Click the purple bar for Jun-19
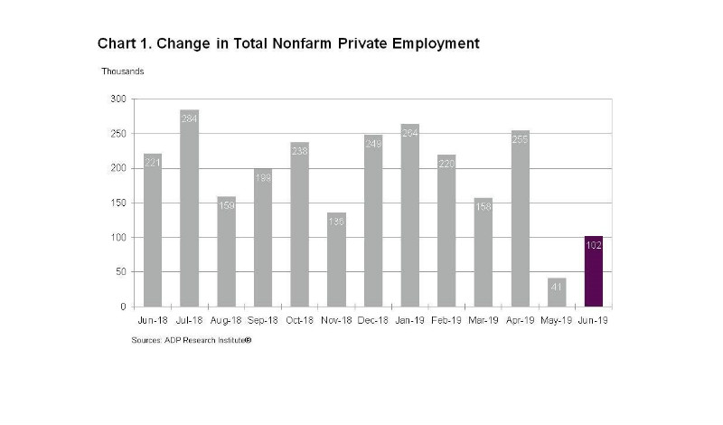coord(594,271)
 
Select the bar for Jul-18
coord(189,208)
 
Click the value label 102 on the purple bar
coord(594,245)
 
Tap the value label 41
coord(557,285)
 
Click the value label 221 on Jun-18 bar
coord(152,161)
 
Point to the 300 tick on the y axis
coord(118,99)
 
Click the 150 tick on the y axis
coord(118,203)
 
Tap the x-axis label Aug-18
coord(225,321)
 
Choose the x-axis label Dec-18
coord(372,321)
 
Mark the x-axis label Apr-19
coord(520,321)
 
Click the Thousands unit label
coord(122,71)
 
